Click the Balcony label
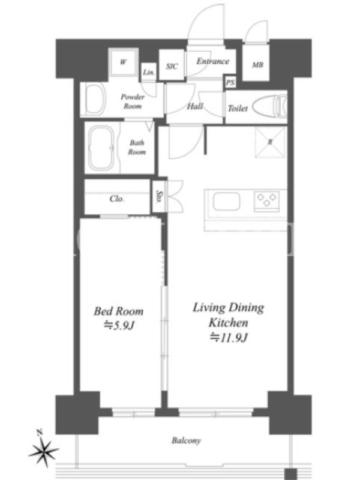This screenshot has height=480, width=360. click(x=186, y=440)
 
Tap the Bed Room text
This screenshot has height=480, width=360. click(x=118, y=311)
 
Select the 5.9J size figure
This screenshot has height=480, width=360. click(x=119, y=325)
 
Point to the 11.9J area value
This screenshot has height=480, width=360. click(x=229, y=337)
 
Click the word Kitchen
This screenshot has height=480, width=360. click(x=229, y=322)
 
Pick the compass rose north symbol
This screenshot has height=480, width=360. click(x=44, y=449)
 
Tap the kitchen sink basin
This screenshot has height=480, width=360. click(x=227, y=202)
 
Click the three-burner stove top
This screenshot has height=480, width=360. click(x=266, y=201)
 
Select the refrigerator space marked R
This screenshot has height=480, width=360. click(x=271, y=142)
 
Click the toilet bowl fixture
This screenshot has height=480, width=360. click(x=271, y=106)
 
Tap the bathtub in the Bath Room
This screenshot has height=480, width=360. click(x=101, y=148)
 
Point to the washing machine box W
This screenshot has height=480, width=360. click(x=123, y=62)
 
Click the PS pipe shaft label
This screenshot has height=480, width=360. click(x=230, y=83)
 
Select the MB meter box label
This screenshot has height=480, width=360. click(x=257, y=65)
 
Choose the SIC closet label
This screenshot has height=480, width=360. click(x=172, y=66)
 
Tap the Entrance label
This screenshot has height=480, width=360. click(x=213, y=61)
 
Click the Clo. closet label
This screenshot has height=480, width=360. click(x=116, y=199)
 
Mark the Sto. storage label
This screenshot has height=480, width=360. click(x=158, y=197)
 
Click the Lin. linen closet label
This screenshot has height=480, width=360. click(x=149, y=73)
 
